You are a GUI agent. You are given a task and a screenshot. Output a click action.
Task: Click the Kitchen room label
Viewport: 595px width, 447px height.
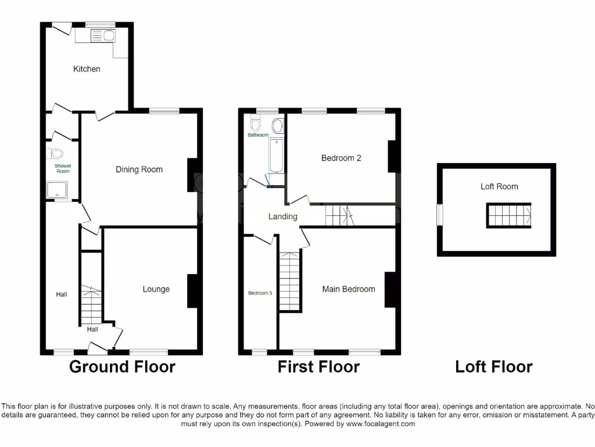click(x=87, y=69)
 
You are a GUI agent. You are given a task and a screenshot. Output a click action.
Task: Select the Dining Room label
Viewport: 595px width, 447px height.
click(x=139, y=169)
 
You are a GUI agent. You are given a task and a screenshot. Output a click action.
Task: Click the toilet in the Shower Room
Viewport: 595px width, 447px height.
click(x=56, y=154)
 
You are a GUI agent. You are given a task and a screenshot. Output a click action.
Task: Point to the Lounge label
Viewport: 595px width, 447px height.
click(x=156, y=289)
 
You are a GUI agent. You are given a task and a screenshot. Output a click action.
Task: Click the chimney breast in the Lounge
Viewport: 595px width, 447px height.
click(x=191, y=291)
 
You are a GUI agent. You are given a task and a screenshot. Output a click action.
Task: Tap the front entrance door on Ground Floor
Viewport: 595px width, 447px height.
click(x=97, y=349)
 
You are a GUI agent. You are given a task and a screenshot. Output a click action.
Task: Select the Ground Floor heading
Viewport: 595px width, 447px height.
click(x=122, y=367)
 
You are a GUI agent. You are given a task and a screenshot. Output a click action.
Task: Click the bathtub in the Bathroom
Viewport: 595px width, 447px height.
click(x=276, y=155)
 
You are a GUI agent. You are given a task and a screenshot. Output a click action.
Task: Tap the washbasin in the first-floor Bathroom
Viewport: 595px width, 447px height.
click(x=277, y=125)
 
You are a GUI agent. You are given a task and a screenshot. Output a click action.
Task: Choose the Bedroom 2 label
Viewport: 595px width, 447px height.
click(x=341, y=158)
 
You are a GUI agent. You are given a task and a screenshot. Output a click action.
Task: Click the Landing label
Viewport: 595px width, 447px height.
click(x=282, y=217)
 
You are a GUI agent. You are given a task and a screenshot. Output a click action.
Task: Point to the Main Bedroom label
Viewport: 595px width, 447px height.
click(x=349, y=289)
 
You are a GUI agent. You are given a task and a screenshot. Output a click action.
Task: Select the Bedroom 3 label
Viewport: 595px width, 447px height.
click(x=260, y=293)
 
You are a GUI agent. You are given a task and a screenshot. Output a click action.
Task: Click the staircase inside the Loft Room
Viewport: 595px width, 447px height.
click(x=508, y=215)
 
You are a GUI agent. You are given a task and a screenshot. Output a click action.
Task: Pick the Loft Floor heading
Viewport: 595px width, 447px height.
click(x=493, y=367)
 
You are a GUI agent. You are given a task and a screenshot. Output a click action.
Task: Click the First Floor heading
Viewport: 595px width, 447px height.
click(x=318, y=367)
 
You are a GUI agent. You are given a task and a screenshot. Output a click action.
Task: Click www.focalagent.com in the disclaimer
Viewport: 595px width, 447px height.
click(x=380, y=424)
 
